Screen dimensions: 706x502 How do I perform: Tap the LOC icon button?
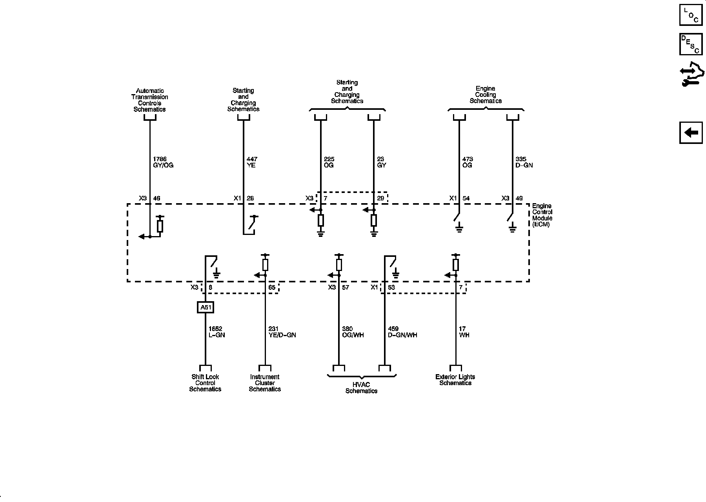click(691, 15)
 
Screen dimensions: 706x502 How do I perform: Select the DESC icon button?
click(691, 44)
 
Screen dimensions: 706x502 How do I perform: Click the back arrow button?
click(691, 133)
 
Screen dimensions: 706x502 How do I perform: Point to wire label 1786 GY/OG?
click(163, 162)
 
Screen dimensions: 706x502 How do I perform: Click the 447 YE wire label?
click(252, 162)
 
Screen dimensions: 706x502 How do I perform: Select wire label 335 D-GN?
click(524, 162)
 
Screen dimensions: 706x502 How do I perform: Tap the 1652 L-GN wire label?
click(217, 332)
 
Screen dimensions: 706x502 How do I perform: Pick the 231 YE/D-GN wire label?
click(282, 332)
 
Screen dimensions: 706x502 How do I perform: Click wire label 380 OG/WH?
click(353, 332)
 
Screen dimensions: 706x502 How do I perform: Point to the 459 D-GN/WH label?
click(402, 332)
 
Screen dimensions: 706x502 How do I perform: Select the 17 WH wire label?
click(464, 332)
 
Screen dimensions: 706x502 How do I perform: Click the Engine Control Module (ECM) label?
click(542, 215)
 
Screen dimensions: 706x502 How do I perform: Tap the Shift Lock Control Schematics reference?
click(205, 383)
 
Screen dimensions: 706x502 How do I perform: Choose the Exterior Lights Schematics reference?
click(455, 380)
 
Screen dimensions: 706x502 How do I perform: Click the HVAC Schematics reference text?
click(361, 388)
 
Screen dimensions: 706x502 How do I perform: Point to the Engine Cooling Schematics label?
click(486, 95)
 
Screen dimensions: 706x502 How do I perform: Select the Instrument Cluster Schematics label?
click(265, 383)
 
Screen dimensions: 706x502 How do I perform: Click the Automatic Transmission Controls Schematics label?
click(149, 100)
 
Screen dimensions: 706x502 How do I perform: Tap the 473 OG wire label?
click(468, 162)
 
